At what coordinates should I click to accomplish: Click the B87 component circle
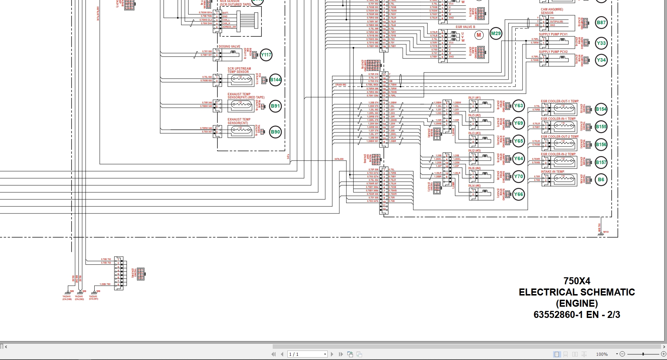point(601,23)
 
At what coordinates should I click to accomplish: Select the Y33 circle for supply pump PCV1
point(601,43)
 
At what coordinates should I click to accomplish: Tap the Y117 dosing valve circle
point(266,55)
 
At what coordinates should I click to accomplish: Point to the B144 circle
point(275,80)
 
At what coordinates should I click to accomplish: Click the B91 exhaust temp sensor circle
point(275,106)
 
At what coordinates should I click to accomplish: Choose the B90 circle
point(275,132)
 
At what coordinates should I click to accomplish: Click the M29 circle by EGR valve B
point(496,34)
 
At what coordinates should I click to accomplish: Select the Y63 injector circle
point(518,106)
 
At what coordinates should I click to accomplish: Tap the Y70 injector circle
point(518,177)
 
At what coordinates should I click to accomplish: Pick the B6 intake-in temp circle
point(601,180)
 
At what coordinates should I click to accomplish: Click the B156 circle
point(601,145)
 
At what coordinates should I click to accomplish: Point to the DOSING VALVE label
point(230,47)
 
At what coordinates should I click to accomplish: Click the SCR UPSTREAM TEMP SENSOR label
point(239,70)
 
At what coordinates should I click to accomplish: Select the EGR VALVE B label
point(465,27)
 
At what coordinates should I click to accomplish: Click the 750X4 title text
point(577,281)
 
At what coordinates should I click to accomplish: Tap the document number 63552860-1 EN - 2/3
point(577,315)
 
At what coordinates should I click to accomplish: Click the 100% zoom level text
point(602,354)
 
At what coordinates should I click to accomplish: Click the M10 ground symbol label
point(606,232)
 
